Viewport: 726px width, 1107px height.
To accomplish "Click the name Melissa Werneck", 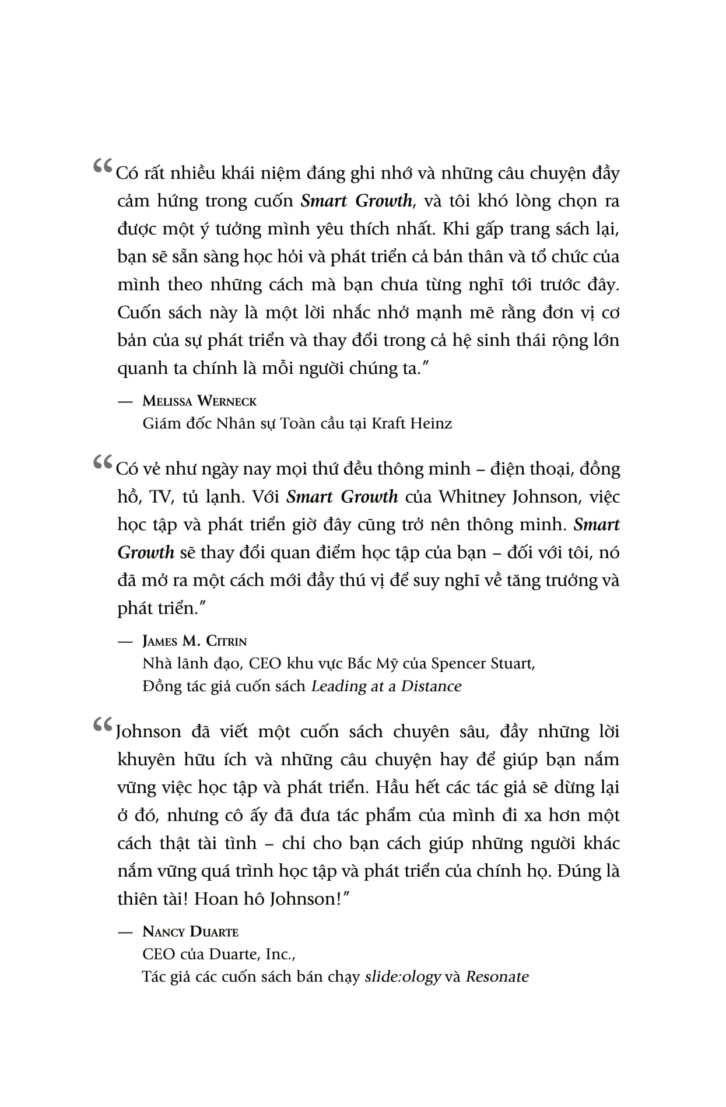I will (x=199, y=401).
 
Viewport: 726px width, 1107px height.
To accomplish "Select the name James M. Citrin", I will (x=195, y=641).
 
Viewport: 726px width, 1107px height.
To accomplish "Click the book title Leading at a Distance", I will (x=386, y=686).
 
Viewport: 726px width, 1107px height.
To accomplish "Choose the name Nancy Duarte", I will (x=190, y=931).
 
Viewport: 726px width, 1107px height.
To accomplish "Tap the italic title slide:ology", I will (x=402, y=976).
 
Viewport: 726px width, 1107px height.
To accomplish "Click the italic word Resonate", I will (x=497, y=976).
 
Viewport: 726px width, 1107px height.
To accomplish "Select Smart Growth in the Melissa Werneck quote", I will (x=356, y=201).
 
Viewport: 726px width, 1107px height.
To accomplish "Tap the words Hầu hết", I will (x=405, y=787).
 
